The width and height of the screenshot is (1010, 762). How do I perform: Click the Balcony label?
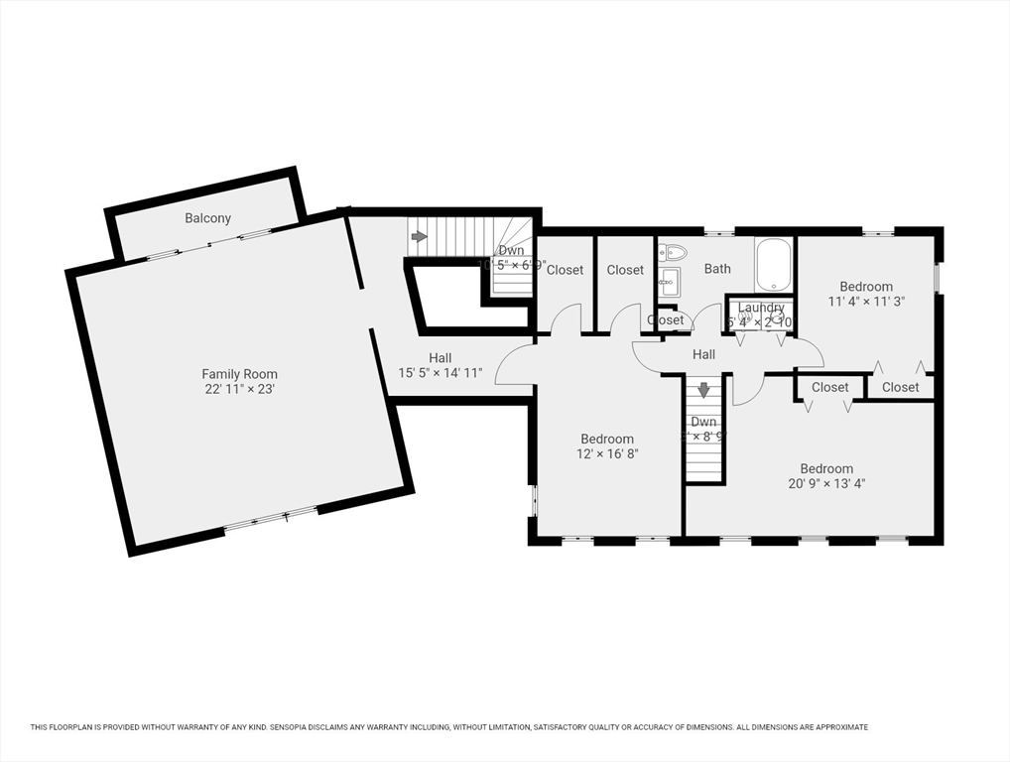[207, 218]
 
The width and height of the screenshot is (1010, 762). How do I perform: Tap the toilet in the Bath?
[671, 252]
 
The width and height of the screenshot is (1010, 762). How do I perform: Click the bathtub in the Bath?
[773, 265]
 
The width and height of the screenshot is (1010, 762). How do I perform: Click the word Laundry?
[761, 308]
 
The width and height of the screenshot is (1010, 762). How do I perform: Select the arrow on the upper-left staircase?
[419, 237]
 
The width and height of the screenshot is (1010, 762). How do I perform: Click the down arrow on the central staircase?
[703, 390]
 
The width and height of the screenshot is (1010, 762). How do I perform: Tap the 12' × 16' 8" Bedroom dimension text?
[607, 454]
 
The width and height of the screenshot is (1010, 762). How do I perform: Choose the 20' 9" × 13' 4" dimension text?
[826, 484]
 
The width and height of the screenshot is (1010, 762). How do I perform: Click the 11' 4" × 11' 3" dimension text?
[866, 302]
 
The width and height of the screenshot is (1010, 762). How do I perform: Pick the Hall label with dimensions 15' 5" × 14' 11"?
[440, 374]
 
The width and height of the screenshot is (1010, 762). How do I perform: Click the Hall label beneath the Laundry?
[703, 354]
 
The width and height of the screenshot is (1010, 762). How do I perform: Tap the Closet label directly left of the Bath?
[625, 270]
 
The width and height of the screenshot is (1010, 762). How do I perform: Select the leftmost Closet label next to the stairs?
[565, 270]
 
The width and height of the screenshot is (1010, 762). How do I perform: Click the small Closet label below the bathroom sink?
[665, 320]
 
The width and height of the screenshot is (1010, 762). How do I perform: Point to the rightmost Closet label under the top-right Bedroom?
[900, 387]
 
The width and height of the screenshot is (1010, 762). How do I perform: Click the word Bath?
[717, 269]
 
